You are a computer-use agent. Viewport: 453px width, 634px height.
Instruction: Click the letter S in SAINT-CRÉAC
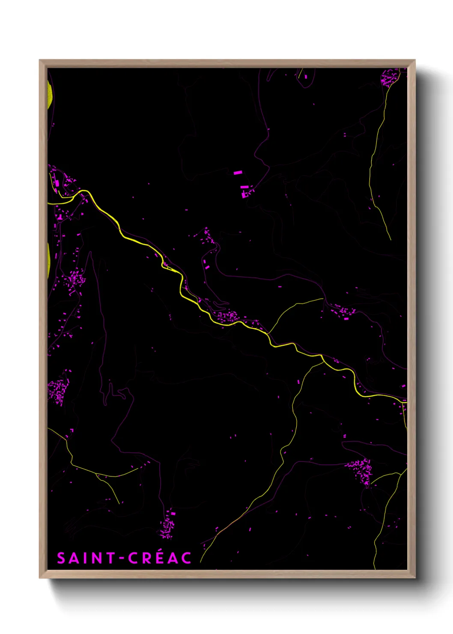(62, 558)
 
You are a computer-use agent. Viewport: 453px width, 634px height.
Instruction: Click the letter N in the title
(97, 558)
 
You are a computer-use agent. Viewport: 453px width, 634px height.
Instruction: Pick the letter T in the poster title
(111, 558)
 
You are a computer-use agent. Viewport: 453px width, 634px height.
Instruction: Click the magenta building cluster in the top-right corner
(389, 78)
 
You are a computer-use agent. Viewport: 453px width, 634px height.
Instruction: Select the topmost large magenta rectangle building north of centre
(238, 173)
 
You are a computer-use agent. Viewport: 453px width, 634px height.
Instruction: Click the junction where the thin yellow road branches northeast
(268, 333)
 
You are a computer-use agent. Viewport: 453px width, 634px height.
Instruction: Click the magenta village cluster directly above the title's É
(167, 525)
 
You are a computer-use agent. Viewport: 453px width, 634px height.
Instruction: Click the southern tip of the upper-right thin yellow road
(390, 239)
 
